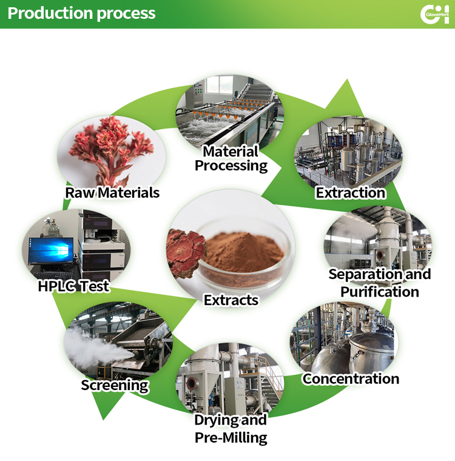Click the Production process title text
click(x=82, y=13)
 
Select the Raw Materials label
click(x=112, y=193)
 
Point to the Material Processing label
click(x=231, y=158)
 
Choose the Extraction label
click(x=351, y=193)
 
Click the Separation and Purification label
click(x=380, y=283)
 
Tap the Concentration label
click(x=351, y=379)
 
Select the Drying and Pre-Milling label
click(x=231, y=428)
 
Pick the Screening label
click(x=115, y=385)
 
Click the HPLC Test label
click(x=73, y=286)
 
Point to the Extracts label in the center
click(x=231, y=300)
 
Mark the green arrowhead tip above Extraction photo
click(x=348, y=80)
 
